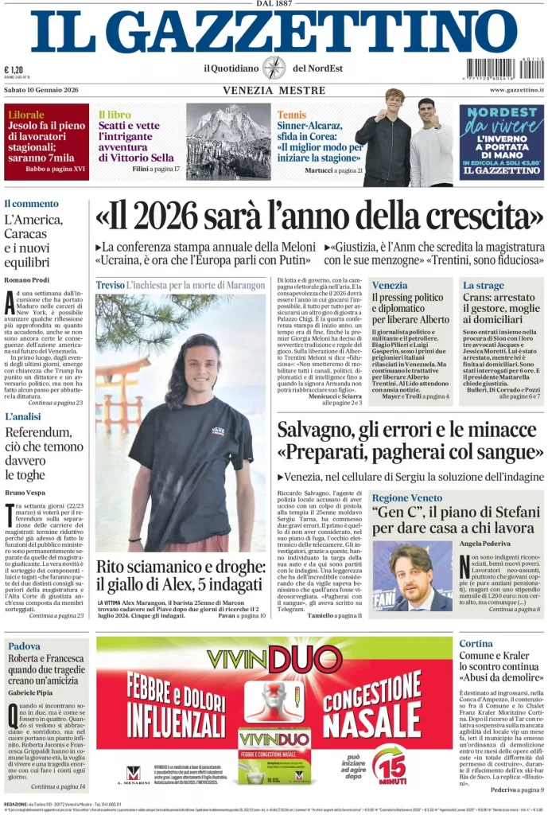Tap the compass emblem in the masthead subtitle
274,68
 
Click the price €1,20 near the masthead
14,69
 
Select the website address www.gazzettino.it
511,91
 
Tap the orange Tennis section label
291,115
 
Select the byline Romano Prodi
26,281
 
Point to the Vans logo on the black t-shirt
217,431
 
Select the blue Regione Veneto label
407,497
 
